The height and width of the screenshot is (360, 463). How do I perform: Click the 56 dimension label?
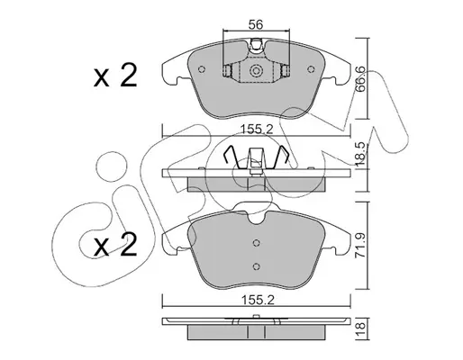[x=256, y=24]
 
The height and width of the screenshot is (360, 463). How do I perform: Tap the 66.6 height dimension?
[x=360, y=78]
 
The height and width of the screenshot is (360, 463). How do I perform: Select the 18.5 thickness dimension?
[x=360, y=154]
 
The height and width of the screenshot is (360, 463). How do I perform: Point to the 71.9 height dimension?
[x=360, y=246]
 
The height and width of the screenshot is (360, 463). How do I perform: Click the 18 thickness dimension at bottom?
[x=360, y=328]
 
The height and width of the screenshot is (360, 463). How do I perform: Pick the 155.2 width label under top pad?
[x=257, y=130]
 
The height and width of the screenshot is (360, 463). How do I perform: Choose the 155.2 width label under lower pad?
[x=258, y=301]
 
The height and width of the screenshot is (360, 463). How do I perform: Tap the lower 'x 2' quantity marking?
[x=115, y=245]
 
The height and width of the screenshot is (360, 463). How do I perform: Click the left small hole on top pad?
[x=202, y=69]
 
